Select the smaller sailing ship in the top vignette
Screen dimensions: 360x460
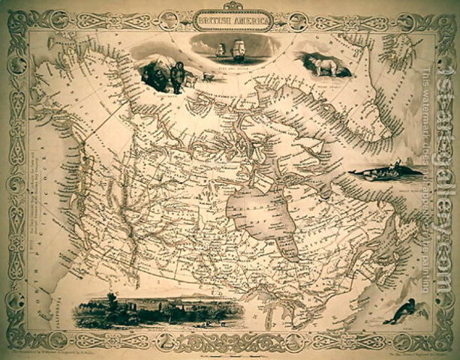[221, 51]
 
